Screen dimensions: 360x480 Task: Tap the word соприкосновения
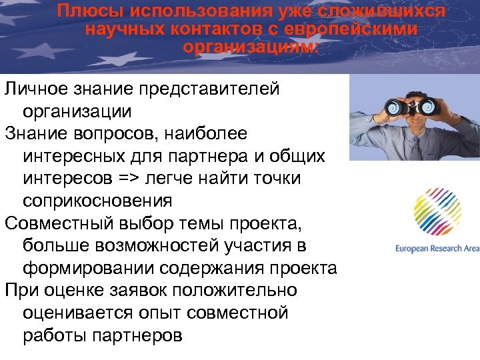point(97,201)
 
